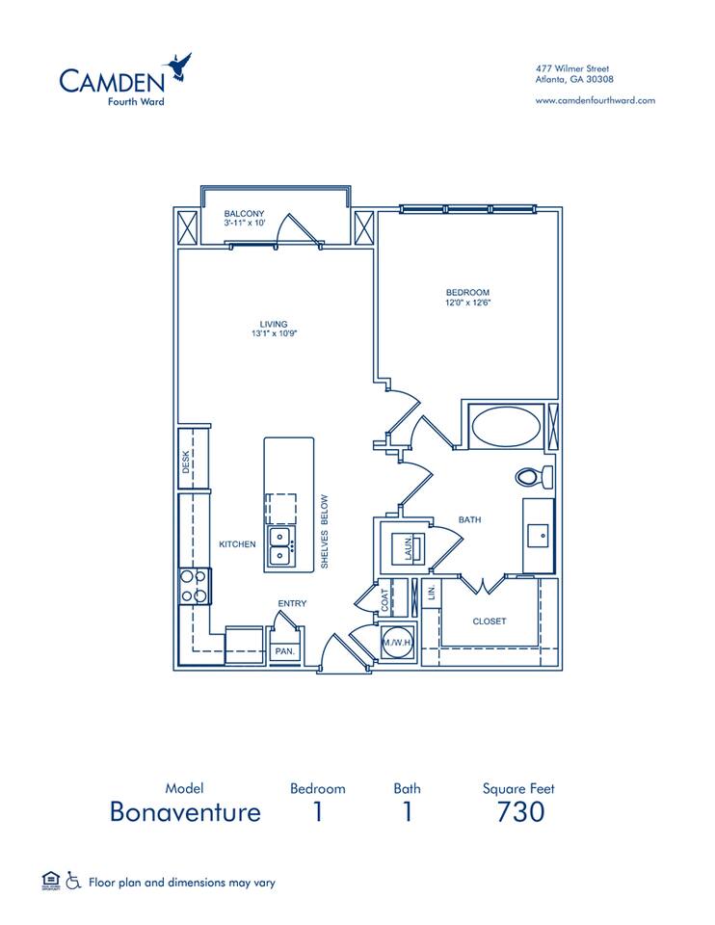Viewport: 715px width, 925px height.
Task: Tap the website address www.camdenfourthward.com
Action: (595, 100)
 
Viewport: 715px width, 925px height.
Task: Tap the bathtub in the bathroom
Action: (507, 425)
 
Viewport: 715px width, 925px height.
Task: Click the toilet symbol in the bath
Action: (532, 476)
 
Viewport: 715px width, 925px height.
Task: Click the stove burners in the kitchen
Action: (194, 585)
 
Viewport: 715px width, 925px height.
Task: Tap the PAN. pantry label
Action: (285, 651)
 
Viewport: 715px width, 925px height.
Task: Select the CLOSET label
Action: (490, 621)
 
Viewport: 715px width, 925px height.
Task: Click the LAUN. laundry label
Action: (410, 548)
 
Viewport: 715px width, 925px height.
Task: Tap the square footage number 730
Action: (520, 811)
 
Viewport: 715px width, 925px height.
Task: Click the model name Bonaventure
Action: (185, 811)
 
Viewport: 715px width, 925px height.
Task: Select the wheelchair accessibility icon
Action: (73, 881)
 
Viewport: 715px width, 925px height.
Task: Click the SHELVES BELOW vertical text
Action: (325, 531)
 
